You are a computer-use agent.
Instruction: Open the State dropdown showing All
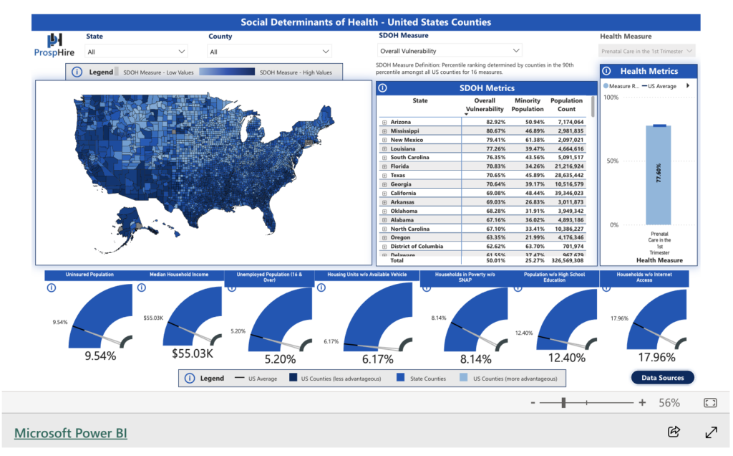pyautogui.click(x=136, y=52)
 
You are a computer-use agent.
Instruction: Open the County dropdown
pyautogui.click(x=269, y=52)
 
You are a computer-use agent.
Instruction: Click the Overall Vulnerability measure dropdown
pyautogui.click(x=450, y=51)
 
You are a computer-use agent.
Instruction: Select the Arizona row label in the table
pyautogui.click(x=401, y=123)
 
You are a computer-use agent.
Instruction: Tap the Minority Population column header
pyautogui.click(x=528, y=105)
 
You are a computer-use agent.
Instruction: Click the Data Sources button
pyautogui.click(x=662, y=378)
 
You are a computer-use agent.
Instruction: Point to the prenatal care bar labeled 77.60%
pyautogui.click(x=658, y=175)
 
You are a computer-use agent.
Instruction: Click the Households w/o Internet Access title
pyautogui.click(x=644, y=277)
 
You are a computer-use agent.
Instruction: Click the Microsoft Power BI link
pyautogui.click(x=71, y=433)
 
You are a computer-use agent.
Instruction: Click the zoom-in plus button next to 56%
pyautogui.click(x=642, y=403)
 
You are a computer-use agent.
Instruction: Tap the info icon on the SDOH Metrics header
pyautogui.click(x=382, y=88)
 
